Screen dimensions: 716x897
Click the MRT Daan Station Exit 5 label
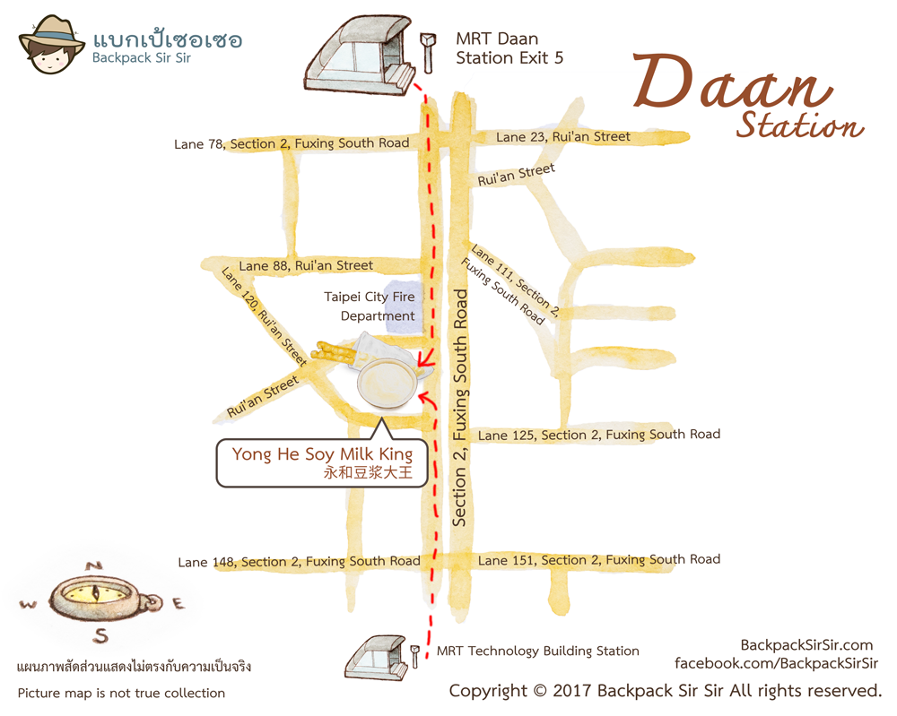pos(509,48)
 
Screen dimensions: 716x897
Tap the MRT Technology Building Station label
pos(538,651)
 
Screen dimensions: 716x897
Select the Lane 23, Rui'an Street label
pos(563,137)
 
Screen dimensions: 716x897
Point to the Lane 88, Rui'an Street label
pos(306,265)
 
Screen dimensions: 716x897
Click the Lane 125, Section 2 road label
pos(599,435)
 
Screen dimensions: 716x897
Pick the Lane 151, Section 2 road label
pos(599,560)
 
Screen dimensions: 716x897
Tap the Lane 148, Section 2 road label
pos(299,562)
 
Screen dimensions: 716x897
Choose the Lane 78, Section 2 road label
pos(292,143)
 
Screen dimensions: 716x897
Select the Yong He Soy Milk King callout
pos(322,462)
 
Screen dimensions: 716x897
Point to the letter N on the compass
pos(92,565)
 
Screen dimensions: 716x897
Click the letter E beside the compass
pos(178,605)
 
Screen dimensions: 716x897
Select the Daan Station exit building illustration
pos(355,56)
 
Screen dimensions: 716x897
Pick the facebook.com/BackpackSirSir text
pos(777,663)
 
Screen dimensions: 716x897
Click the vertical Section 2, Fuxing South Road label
pos(461,406)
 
